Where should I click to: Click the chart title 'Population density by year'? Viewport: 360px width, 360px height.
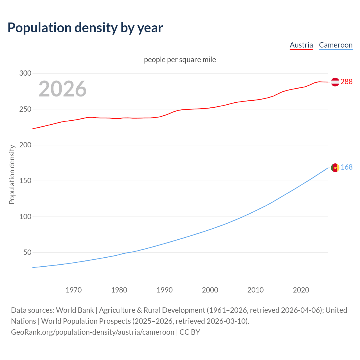85,28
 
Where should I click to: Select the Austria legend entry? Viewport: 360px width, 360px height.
301,45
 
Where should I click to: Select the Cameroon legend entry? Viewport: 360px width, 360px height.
336,45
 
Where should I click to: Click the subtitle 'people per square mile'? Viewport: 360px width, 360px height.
180,60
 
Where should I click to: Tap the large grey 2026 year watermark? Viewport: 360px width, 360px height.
62,89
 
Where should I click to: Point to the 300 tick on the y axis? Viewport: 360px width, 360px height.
25,73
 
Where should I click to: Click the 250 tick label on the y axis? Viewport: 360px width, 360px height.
25,109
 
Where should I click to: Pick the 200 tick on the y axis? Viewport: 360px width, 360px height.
25,145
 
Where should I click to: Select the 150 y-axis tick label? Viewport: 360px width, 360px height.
25,181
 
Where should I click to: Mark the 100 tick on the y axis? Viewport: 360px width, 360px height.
25,217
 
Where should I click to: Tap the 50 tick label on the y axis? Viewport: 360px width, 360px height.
27,253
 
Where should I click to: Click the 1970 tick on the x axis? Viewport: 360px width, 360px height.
74,290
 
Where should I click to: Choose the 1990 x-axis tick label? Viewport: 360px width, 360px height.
165,290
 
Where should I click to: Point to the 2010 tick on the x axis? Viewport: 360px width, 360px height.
255,290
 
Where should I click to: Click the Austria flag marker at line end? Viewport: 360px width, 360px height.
335,82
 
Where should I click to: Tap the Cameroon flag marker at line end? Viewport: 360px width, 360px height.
335,168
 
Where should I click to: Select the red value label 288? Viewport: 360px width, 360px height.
346,82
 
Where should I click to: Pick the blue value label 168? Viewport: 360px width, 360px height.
346,167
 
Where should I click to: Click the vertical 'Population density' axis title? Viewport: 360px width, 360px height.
12,174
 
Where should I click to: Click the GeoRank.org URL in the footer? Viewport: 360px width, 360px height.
93,332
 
